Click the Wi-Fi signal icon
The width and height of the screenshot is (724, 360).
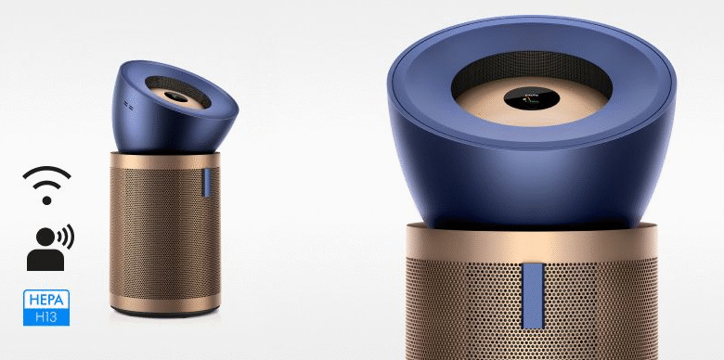pos(47,180)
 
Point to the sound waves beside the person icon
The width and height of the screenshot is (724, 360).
pos(65,238)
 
